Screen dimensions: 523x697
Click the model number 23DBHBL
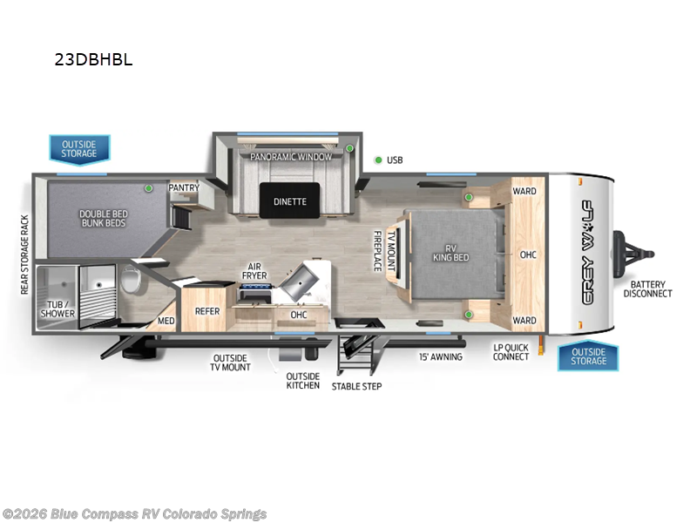tap(92, 61)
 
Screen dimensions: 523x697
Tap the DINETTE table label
tap(290, 201)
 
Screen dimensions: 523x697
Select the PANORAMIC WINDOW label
tap(291, 157)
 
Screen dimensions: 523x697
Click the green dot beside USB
tap(378, 160)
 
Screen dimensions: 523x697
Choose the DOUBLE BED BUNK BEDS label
tap(103, 218)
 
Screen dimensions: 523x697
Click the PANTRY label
tap(184, 187)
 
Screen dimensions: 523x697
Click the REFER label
tap(207, 311)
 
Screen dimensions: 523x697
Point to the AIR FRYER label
tap(254, 271)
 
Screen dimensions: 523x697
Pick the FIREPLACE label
tap(377, 251)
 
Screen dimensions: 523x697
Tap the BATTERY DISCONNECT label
tap(647, 289)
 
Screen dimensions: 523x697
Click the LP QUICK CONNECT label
tap(511, 352)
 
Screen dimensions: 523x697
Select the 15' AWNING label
tap(440, 357)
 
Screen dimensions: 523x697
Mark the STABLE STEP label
tap(356, 385)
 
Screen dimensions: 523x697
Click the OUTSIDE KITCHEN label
tap(302, 381)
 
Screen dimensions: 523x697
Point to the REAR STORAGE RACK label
tap(25, 255)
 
